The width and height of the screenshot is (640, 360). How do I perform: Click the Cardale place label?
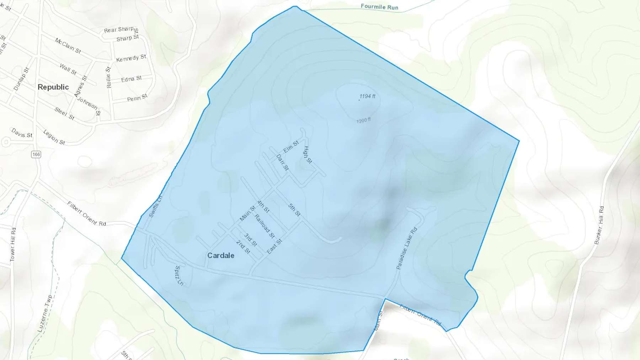click(220, 256)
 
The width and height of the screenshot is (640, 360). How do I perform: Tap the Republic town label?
click(53, 87)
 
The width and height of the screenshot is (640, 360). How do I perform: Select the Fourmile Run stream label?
click(379, 7)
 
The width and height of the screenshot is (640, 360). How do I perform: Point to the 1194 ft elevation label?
click(367, 96)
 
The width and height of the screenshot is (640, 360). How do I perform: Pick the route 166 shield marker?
click(36, 154)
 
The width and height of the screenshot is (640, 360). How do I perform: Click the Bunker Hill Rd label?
click(599, 225)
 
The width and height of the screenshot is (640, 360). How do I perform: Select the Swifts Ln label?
click(155, 206)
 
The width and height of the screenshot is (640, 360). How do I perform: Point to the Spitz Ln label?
click(179, 276)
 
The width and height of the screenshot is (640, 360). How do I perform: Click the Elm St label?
click(291, 146)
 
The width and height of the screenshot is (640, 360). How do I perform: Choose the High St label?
click(308, 155)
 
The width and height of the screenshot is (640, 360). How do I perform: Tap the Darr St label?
click(282, 162)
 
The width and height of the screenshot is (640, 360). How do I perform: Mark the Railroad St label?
click(265, 226)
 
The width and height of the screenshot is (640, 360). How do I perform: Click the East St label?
click(274, 247)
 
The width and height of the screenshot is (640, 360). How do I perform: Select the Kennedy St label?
click(131, 58)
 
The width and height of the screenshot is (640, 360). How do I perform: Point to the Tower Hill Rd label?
click(13, 245)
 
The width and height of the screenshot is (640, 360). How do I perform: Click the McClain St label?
click(68, 46)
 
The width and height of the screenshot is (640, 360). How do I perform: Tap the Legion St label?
click(54, 137)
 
